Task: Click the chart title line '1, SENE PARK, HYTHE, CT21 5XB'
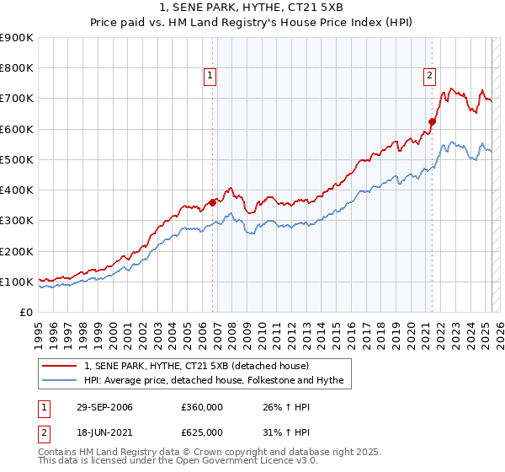[252, 8]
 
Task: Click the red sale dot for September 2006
[213, 202]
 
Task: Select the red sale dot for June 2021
[432, 121]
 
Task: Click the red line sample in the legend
[60, 366]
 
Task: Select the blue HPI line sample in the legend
[60, 380]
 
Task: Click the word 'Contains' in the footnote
[57, 453]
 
